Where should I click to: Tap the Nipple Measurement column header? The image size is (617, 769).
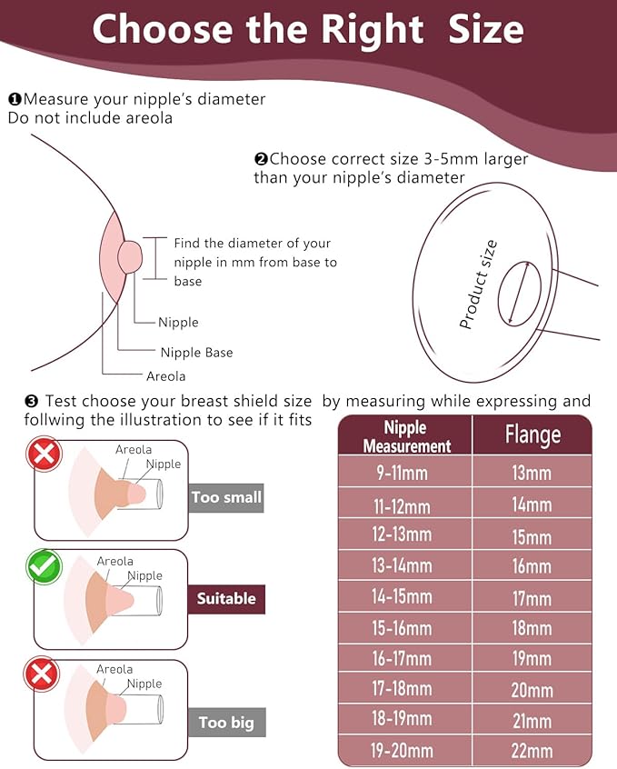coord(405,436)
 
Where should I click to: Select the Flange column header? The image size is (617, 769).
coord(532,435)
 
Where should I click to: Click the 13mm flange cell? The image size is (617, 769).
coord(532,474)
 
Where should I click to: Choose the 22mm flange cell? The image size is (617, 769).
coord(532,751)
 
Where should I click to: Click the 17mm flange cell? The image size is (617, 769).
coord(532,597)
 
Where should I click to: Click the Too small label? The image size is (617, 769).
coord(226,497)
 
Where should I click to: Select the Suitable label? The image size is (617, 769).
coord(226,599)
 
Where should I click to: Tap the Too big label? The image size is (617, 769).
coord(226,724)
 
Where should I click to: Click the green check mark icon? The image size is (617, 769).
coord(44,567)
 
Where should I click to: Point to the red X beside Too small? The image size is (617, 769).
coord(44,454)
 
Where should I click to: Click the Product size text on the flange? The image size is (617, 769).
coord(478,285)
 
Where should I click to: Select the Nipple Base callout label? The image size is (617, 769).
coord(196,353)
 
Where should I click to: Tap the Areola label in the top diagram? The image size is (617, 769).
coord(165,375)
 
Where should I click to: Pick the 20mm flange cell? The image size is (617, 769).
coord(532,690)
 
